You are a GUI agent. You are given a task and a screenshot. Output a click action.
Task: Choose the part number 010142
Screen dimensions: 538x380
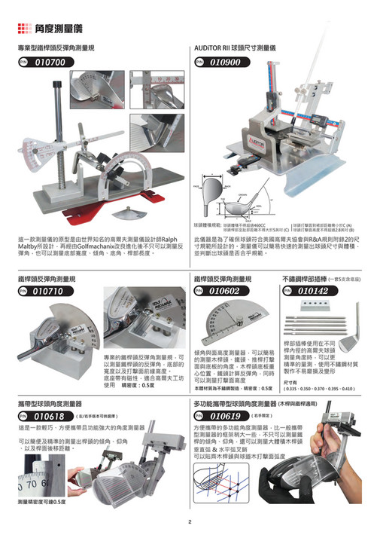[313, 290]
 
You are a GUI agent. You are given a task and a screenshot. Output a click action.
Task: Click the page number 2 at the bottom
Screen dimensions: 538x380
[190, 523]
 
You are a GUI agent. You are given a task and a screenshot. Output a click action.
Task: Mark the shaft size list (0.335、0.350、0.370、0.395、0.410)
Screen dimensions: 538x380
[318, 388]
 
